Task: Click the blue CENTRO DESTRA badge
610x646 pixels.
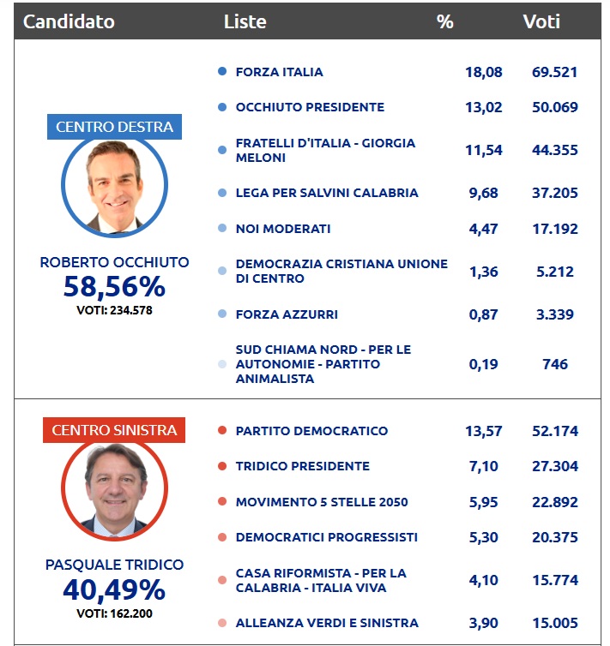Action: [x=114, y=127]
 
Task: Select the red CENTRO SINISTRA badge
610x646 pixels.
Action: [x=114, y=429]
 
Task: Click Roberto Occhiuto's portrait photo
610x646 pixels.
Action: [x=114, y=187]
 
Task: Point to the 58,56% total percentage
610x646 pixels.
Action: [x=114, y=286]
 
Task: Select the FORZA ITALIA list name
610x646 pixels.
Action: [x=279, y=72]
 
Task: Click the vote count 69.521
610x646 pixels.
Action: [x=554, y=72]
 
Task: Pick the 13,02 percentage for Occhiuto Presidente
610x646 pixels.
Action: [x=483, y=107]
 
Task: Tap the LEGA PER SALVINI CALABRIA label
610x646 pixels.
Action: [x=327, y=193]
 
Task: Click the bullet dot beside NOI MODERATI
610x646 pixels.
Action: [x=223, y=229]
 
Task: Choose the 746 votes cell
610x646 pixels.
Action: [x=555, y=364]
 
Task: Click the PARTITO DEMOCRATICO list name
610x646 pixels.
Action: [x=311, y=431]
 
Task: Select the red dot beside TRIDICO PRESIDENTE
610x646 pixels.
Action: [x=223, y=467]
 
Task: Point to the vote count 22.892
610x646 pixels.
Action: [x=554, y=502]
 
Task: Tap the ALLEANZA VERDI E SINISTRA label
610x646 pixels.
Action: [x=327, y=623]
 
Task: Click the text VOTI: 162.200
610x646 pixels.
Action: [x=114, y=613]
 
